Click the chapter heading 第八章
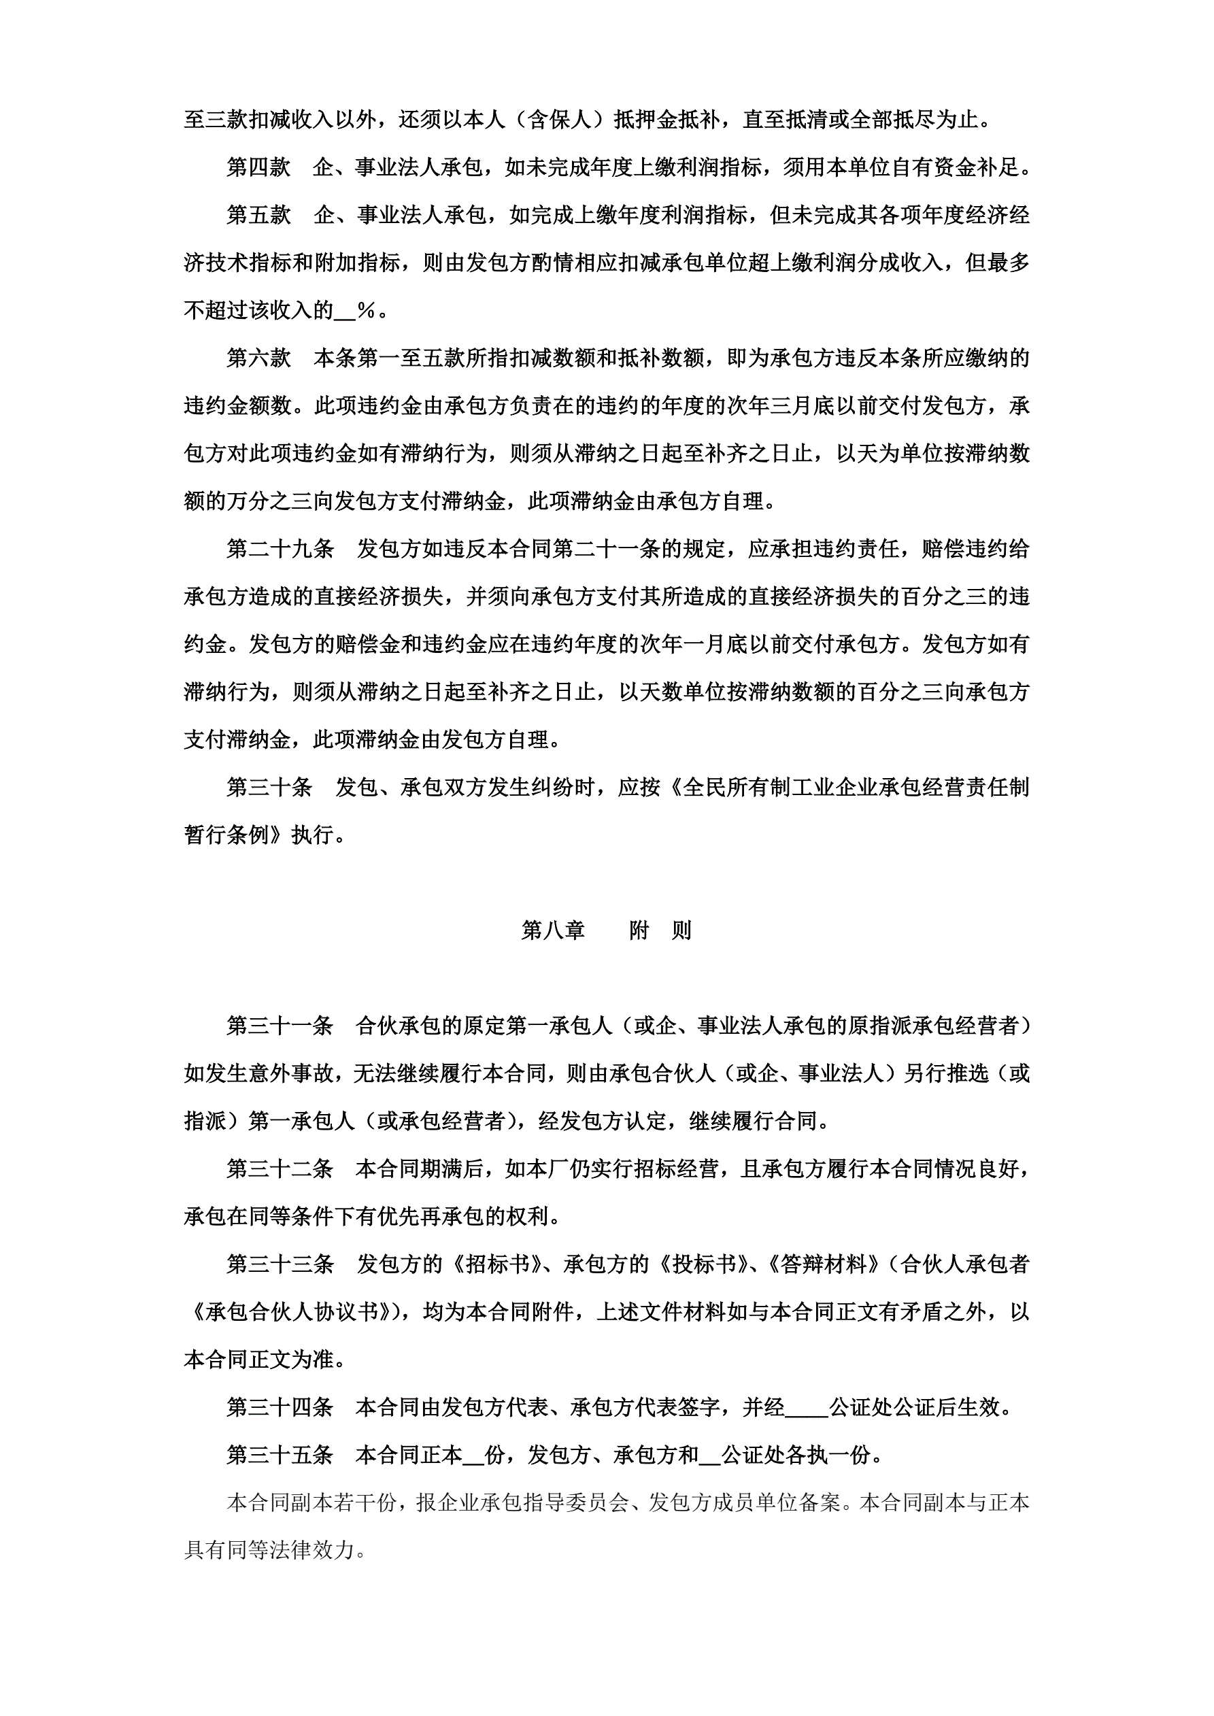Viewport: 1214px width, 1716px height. [x=552, y=930]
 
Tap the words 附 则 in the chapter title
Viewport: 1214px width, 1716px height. [x=660, y=930]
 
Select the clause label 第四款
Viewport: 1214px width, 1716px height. [x=258, y=167]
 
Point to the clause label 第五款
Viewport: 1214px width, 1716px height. [x=258, y=215]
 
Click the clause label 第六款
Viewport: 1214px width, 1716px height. [x=258, y=358]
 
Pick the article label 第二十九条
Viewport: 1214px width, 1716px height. [x=280, y=550]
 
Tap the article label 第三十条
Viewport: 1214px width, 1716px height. [x=269, y=788]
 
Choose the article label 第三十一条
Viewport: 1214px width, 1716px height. [x=280, y=1026]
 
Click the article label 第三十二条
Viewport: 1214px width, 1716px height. [x=280, y=1169]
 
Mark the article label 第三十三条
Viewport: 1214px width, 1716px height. [x=280, y=1264]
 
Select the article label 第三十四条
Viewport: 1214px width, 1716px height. [x=280, y=1408]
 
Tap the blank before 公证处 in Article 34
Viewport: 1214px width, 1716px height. [x=807, y=1409]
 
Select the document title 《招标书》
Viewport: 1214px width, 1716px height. [x=496, y=1264]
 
